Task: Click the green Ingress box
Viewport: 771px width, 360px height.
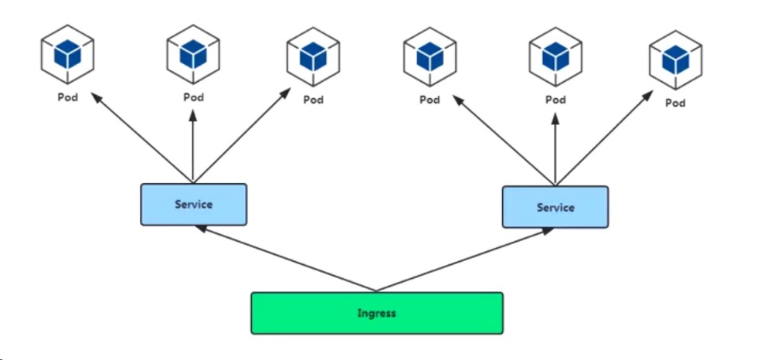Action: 376,313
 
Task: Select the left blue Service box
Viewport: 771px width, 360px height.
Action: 193,204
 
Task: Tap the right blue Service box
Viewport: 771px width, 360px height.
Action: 555,207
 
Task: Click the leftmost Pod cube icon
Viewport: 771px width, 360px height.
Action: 67,55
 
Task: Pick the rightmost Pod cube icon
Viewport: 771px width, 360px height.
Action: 675,61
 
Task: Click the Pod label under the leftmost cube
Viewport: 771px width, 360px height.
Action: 68,98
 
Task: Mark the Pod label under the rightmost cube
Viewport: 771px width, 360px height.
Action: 675,103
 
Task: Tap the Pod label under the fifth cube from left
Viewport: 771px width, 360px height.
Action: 555,100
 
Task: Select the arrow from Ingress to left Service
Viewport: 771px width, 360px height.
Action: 285,259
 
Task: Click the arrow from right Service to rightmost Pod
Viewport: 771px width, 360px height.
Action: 603,139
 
